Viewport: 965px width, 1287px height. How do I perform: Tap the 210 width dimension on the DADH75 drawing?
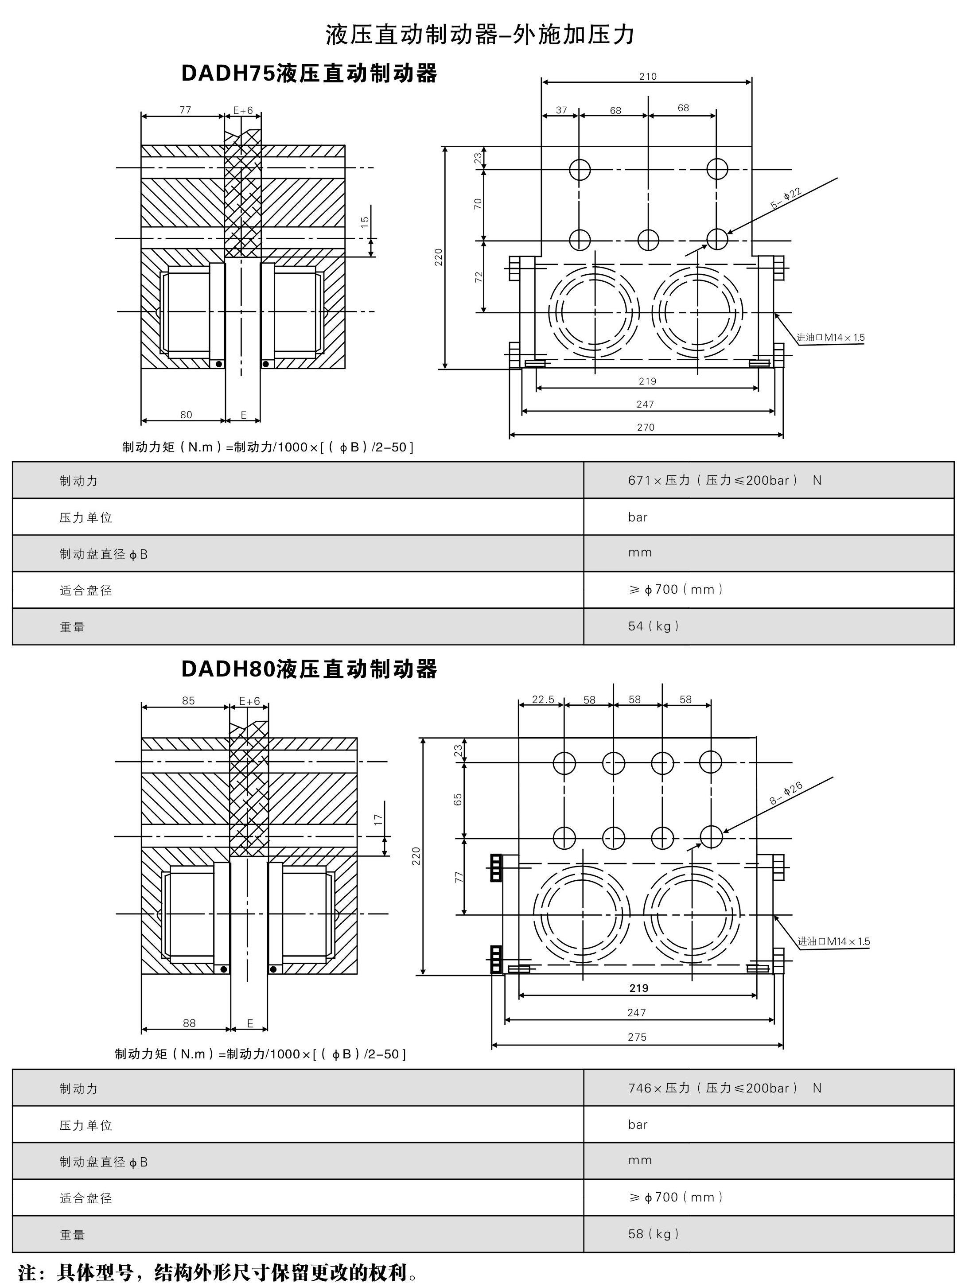click(647, 76)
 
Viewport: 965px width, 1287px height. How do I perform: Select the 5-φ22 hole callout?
click(786, 198)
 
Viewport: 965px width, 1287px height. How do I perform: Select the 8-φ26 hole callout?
click(786, 793)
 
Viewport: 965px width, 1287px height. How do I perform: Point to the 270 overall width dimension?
click(646, 427)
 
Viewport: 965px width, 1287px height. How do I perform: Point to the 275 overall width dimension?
click(637, 1037)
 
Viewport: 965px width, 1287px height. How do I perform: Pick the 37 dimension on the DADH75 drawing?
click(561, 110)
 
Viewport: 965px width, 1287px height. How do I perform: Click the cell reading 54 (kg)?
click(654, 626)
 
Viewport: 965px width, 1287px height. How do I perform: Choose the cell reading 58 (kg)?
click(654, 1233)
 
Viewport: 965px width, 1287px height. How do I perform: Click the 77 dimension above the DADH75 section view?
click(185, 110)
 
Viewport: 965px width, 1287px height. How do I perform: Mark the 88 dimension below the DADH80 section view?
click(189, 1023)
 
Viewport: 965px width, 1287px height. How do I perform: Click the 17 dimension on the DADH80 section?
click(379, 819)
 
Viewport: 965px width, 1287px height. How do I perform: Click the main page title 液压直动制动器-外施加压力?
click(481, 35)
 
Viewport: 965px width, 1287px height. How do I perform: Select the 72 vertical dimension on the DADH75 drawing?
click(479, 277)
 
